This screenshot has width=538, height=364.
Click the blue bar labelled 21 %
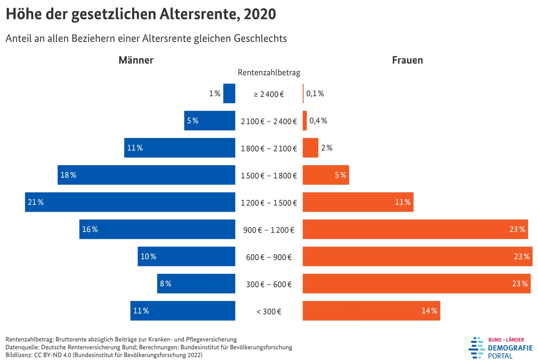click(130, 202)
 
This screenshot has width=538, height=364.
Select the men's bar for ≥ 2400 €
click(229, 93)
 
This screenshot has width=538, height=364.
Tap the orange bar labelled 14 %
click(371, 311)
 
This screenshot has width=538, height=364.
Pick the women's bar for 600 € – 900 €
click(417, 256)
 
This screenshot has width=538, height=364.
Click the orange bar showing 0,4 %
click(305, 120)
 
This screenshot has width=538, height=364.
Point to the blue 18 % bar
click(146, 175)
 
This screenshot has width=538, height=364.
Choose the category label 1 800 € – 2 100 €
click(269, 149)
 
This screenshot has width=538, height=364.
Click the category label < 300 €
click(269, 312)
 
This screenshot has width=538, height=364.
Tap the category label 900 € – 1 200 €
click(269, 230)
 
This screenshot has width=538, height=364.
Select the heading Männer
click(136, 60)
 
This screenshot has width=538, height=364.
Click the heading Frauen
click(407, 60)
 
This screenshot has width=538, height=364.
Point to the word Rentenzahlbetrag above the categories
click(269, 73)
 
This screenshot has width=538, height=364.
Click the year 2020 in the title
click(260, 14)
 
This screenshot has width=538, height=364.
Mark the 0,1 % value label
click(315, 93)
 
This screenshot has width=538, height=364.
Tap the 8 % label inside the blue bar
click(166, 284)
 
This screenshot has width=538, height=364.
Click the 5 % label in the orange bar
click(340, 175)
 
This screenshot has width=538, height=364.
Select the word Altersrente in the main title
click(200, 14)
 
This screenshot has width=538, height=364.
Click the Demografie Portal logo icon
click(476, 348)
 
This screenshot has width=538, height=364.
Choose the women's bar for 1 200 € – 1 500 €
click(358, 202)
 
